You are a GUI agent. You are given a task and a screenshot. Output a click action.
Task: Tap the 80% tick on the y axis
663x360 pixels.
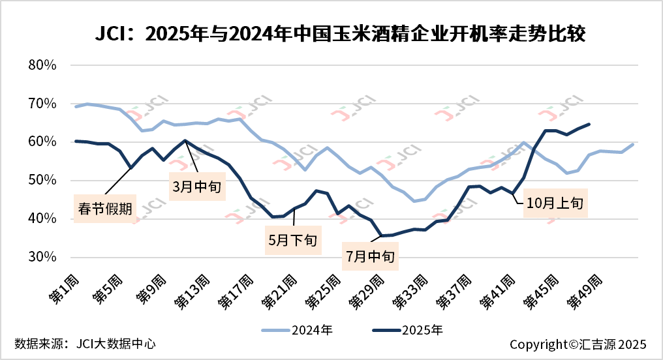click(x=44, y=65)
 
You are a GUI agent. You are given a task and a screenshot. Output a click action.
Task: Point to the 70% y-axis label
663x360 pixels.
click(x=44, y=104)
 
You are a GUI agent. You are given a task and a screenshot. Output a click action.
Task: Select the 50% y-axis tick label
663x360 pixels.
click(x=44, y=181)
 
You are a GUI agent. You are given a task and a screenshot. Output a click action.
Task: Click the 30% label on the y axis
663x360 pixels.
click(x=44, y=257)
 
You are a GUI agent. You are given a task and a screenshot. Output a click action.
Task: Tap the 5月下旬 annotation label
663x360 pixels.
click(x=293, y=239)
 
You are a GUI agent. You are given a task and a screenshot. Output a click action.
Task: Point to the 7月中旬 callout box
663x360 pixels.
click(x=371, y=256)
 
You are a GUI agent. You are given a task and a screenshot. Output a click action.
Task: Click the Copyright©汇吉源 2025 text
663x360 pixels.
click(x=578, y=344)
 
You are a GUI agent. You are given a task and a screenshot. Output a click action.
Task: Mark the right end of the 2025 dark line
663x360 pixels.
click(x=589, y=124)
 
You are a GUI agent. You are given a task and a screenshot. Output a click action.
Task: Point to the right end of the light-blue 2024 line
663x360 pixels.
click(x=633, y=144)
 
